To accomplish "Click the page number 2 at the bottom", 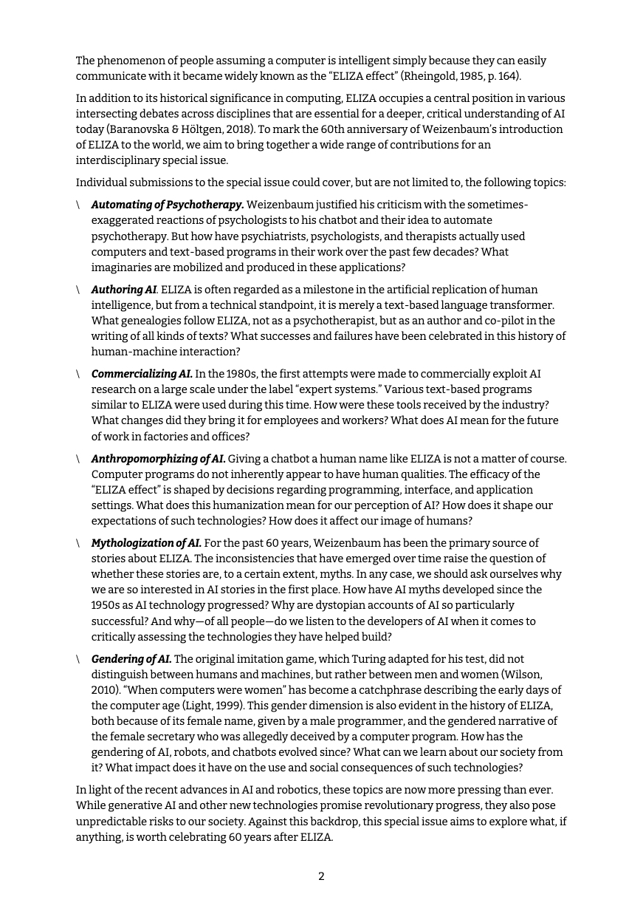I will pyautogui.click(x=321, y=877).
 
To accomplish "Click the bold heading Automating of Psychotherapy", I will pyautogui.click(x=168, y=205).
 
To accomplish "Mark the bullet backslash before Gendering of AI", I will pyautogui.click(x=78, y=659).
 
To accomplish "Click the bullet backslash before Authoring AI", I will pyautogui.click(x=78, y=290).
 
